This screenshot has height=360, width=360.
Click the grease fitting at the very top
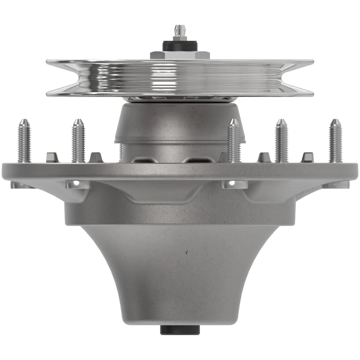pos(180,33)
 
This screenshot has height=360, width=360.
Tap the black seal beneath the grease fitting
pos(180,45)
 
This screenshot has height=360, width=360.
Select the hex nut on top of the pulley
pos(180,55)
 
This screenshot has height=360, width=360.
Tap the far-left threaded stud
pos(24,140)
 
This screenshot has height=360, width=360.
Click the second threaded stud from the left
pos(78,140)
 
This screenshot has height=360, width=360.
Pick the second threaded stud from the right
pos(281,140)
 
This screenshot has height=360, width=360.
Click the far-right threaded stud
pos(335,140)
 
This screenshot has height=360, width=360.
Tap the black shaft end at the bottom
pos(180,329)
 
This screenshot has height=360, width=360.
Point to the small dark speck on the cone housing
pos(185,253)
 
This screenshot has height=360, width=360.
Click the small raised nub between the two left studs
pos(52,157)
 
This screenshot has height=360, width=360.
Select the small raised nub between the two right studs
pos(308,157)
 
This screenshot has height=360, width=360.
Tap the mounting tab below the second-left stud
pos(77,184)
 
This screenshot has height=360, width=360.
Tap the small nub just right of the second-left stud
pos(96,157)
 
